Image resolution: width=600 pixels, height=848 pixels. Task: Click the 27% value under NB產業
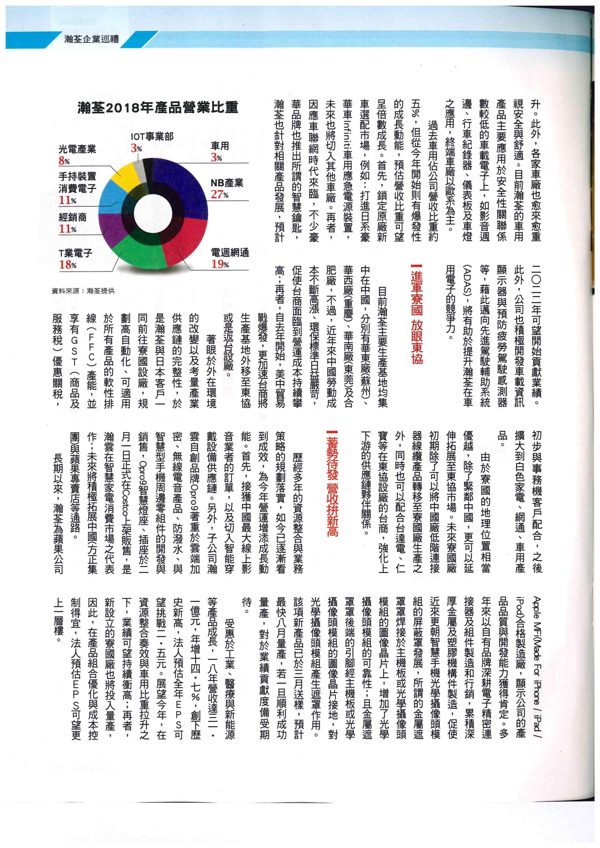220,195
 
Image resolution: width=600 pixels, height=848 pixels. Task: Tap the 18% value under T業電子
68,265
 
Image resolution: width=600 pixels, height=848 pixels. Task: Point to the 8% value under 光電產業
64,161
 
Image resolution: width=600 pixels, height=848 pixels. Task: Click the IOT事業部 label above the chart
152,137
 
